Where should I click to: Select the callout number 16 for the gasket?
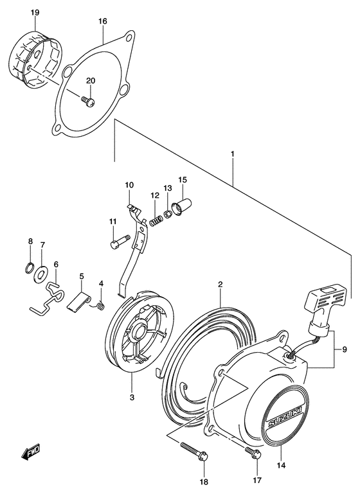point(102,21)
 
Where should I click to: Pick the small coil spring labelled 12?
point(154,222)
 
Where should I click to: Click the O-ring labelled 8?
point(31,267)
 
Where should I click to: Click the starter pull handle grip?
point(327,306)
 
